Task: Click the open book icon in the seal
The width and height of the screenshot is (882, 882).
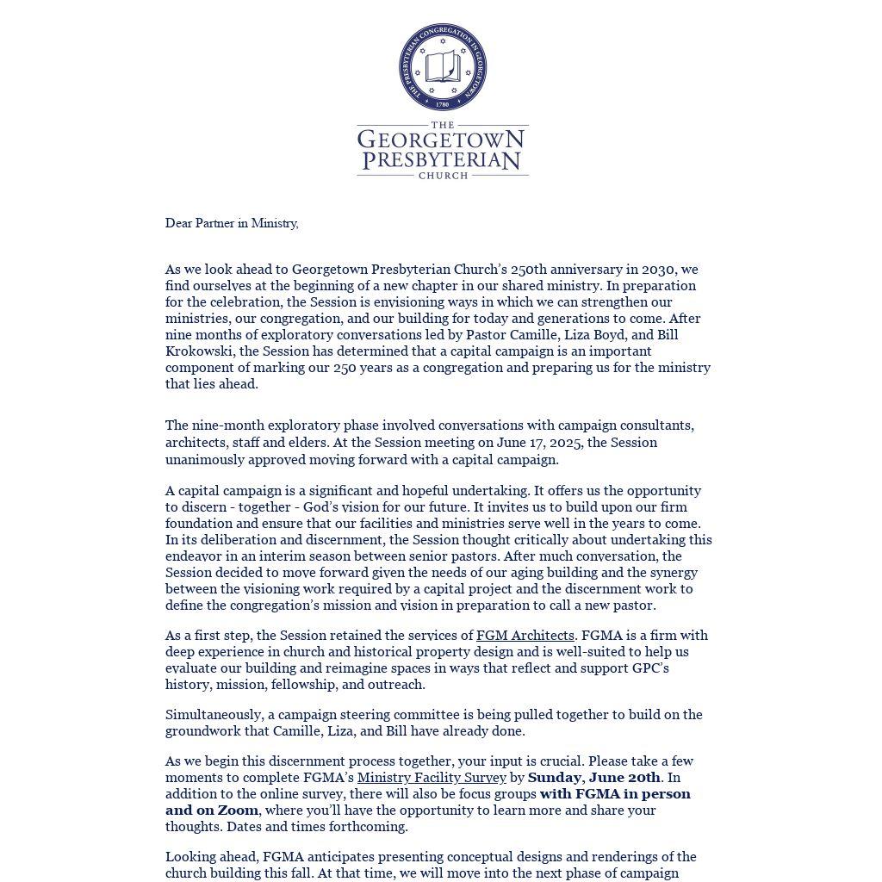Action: point(443,66)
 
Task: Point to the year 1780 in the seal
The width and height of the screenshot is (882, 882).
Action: point(443,104)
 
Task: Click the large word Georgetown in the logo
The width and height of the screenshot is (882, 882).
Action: point(441,140)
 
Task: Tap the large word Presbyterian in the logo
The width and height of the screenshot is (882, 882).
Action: point(442,160)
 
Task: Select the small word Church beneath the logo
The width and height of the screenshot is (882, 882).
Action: point(443,176)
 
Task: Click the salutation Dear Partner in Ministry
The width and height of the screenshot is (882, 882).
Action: point(232,223)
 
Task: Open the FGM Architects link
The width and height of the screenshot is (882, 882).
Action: point(525,636)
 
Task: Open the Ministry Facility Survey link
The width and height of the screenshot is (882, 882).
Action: point(432,778)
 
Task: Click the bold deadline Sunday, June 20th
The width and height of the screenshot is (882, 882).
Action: point(593,778)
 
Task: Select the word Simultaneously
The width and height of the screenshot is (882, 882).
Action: point(214,715)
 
